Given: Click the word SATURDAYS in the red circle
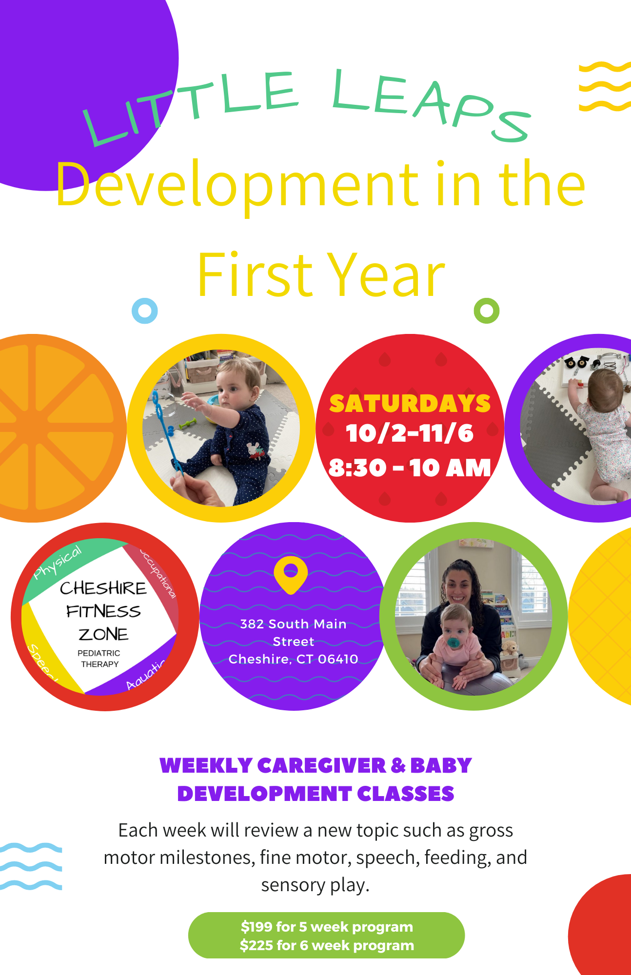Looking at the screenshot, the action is click(x=410, y=404).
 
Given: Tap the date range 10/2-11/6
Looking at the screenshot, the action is click(x=410, y=433).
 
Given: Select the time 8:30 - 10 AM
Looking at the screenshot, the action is click(x=410, y=468).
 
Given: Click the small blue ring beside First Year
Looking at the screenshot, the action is click(x=145, y=311).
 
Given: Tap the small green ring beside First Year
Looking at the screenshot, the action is click(x=487, y=311).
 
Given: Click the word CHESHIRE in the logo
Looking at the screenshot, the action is click(x=103, y=588).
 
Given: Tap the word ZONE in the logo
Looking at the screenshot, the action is click(x=103, y=634).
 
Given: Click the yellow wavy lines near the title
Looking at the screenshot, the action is click(x=605, y=87).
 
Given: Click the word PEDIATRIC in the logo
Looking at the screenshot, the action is click(x=99, y=653).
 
